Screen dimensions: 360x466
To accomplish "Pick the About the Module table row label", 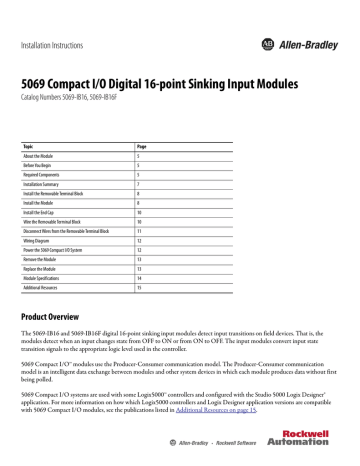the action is pyautogui.click(x=61, y=155).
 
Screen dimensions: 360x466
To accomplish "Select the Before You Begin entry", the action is pyautogui.click(x=59, y=165).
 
